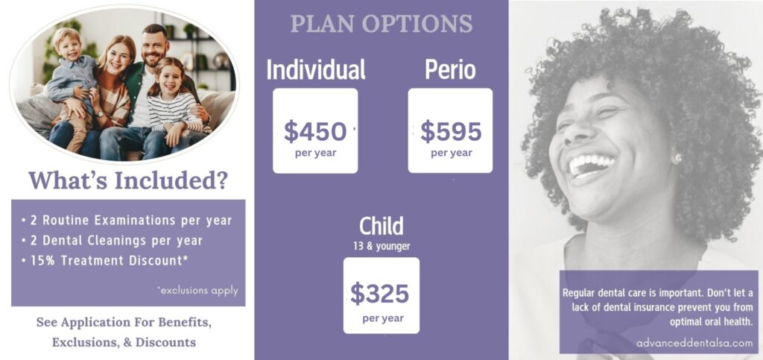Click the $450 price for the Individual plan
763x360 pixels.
(315, 132)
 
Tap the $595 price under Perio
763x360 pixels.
(451, 132)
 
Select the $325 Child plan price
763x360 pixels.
(380, 294)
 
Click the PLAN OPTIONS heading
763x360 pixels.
(381, 24)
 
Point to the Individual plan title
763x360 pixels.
(316, 69)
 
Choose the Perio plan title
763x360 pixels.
(450, 69)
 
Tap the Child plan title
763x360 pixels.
(381, 227)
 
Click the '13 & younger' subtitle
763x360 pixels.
(381, 247)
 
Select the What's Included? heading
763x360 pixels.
(128, 180)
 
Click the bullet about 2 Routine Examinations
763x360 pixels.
(127, 221)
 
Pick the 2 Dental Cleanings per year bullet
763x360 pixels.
(112, 240)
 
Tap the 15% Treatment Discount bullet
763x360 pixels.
(104, 260)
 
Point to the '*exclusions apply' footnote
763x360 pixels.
(197, 291)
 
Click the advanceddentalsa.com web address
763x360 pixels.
(694, 343)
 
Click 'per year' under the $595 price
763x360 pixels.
(451, 154)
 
